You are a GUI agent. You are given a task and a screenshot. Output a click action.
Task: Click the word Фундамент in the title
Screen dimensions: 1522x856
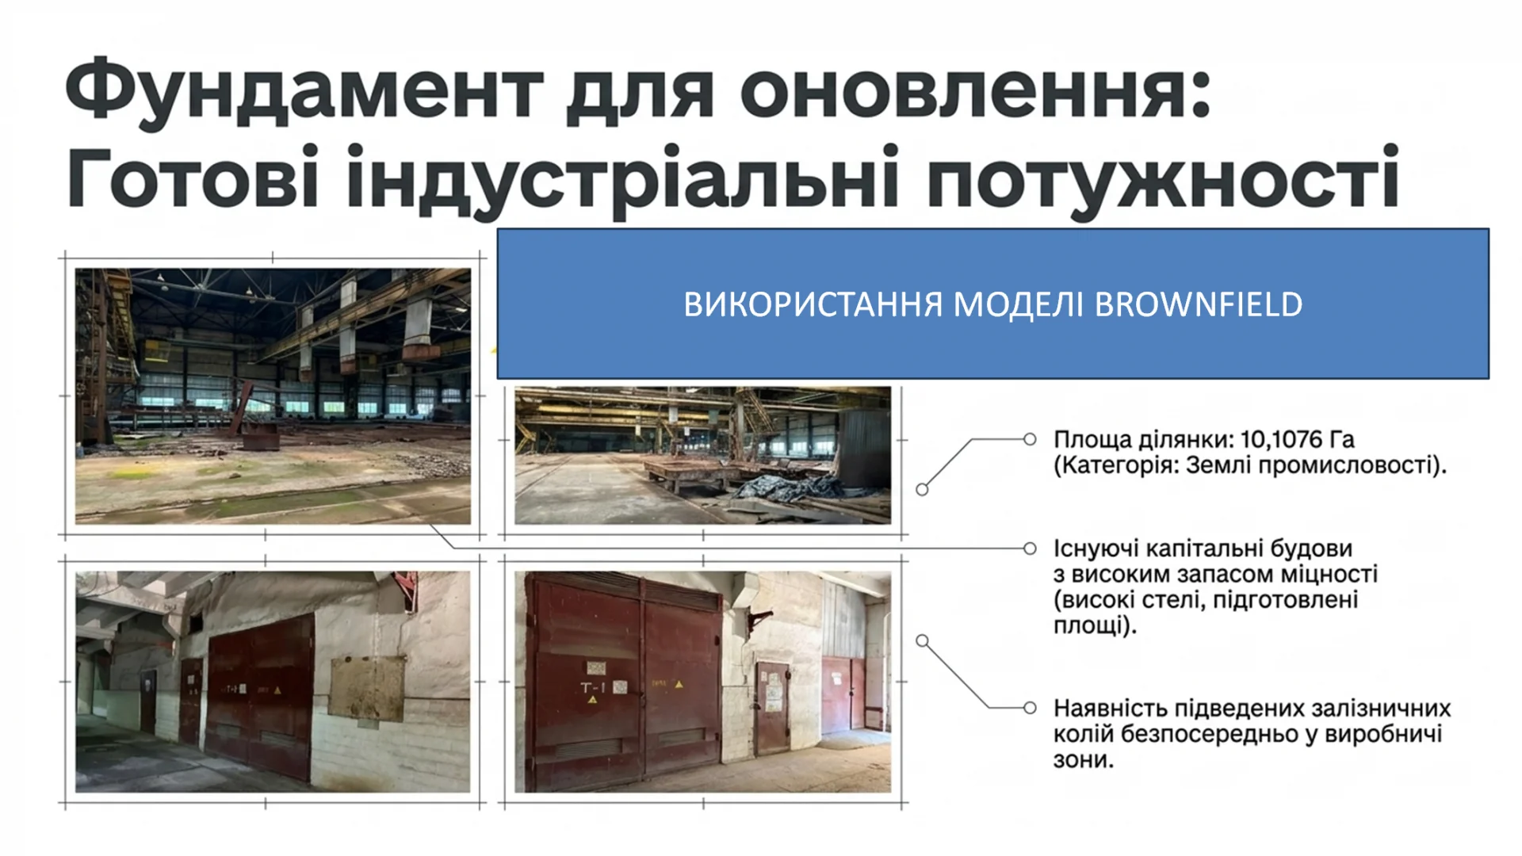[x=304, y=91]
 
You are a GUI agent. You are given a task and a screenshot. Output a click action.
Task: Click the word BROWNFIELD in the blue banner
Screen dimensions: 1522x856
[x=1199, y=304]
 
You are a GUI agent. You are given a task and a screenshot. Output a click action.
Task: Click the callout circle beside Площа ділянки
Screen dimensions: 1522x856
[x=1030, y=439]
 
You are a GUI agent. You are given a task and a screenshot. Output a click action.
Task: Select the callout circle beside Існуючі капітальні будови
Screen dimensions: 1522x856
[x=1030, y=548]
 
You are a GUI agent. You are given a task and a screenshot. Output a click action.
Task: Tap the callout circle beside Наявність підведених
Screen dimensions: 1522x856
[x=1030, y=708]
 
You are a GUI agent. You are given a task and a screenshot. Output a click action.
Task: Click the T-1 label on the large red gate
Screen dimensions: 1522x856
[x=593, y=687]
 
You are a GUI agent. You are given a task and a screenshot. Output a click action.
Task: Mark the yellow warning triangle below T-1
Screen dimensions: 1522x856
[x=592, y=700]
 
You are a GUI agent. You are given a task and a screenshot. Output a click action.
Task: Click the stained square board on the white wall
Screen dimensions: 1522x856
[x=368, y=688]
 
